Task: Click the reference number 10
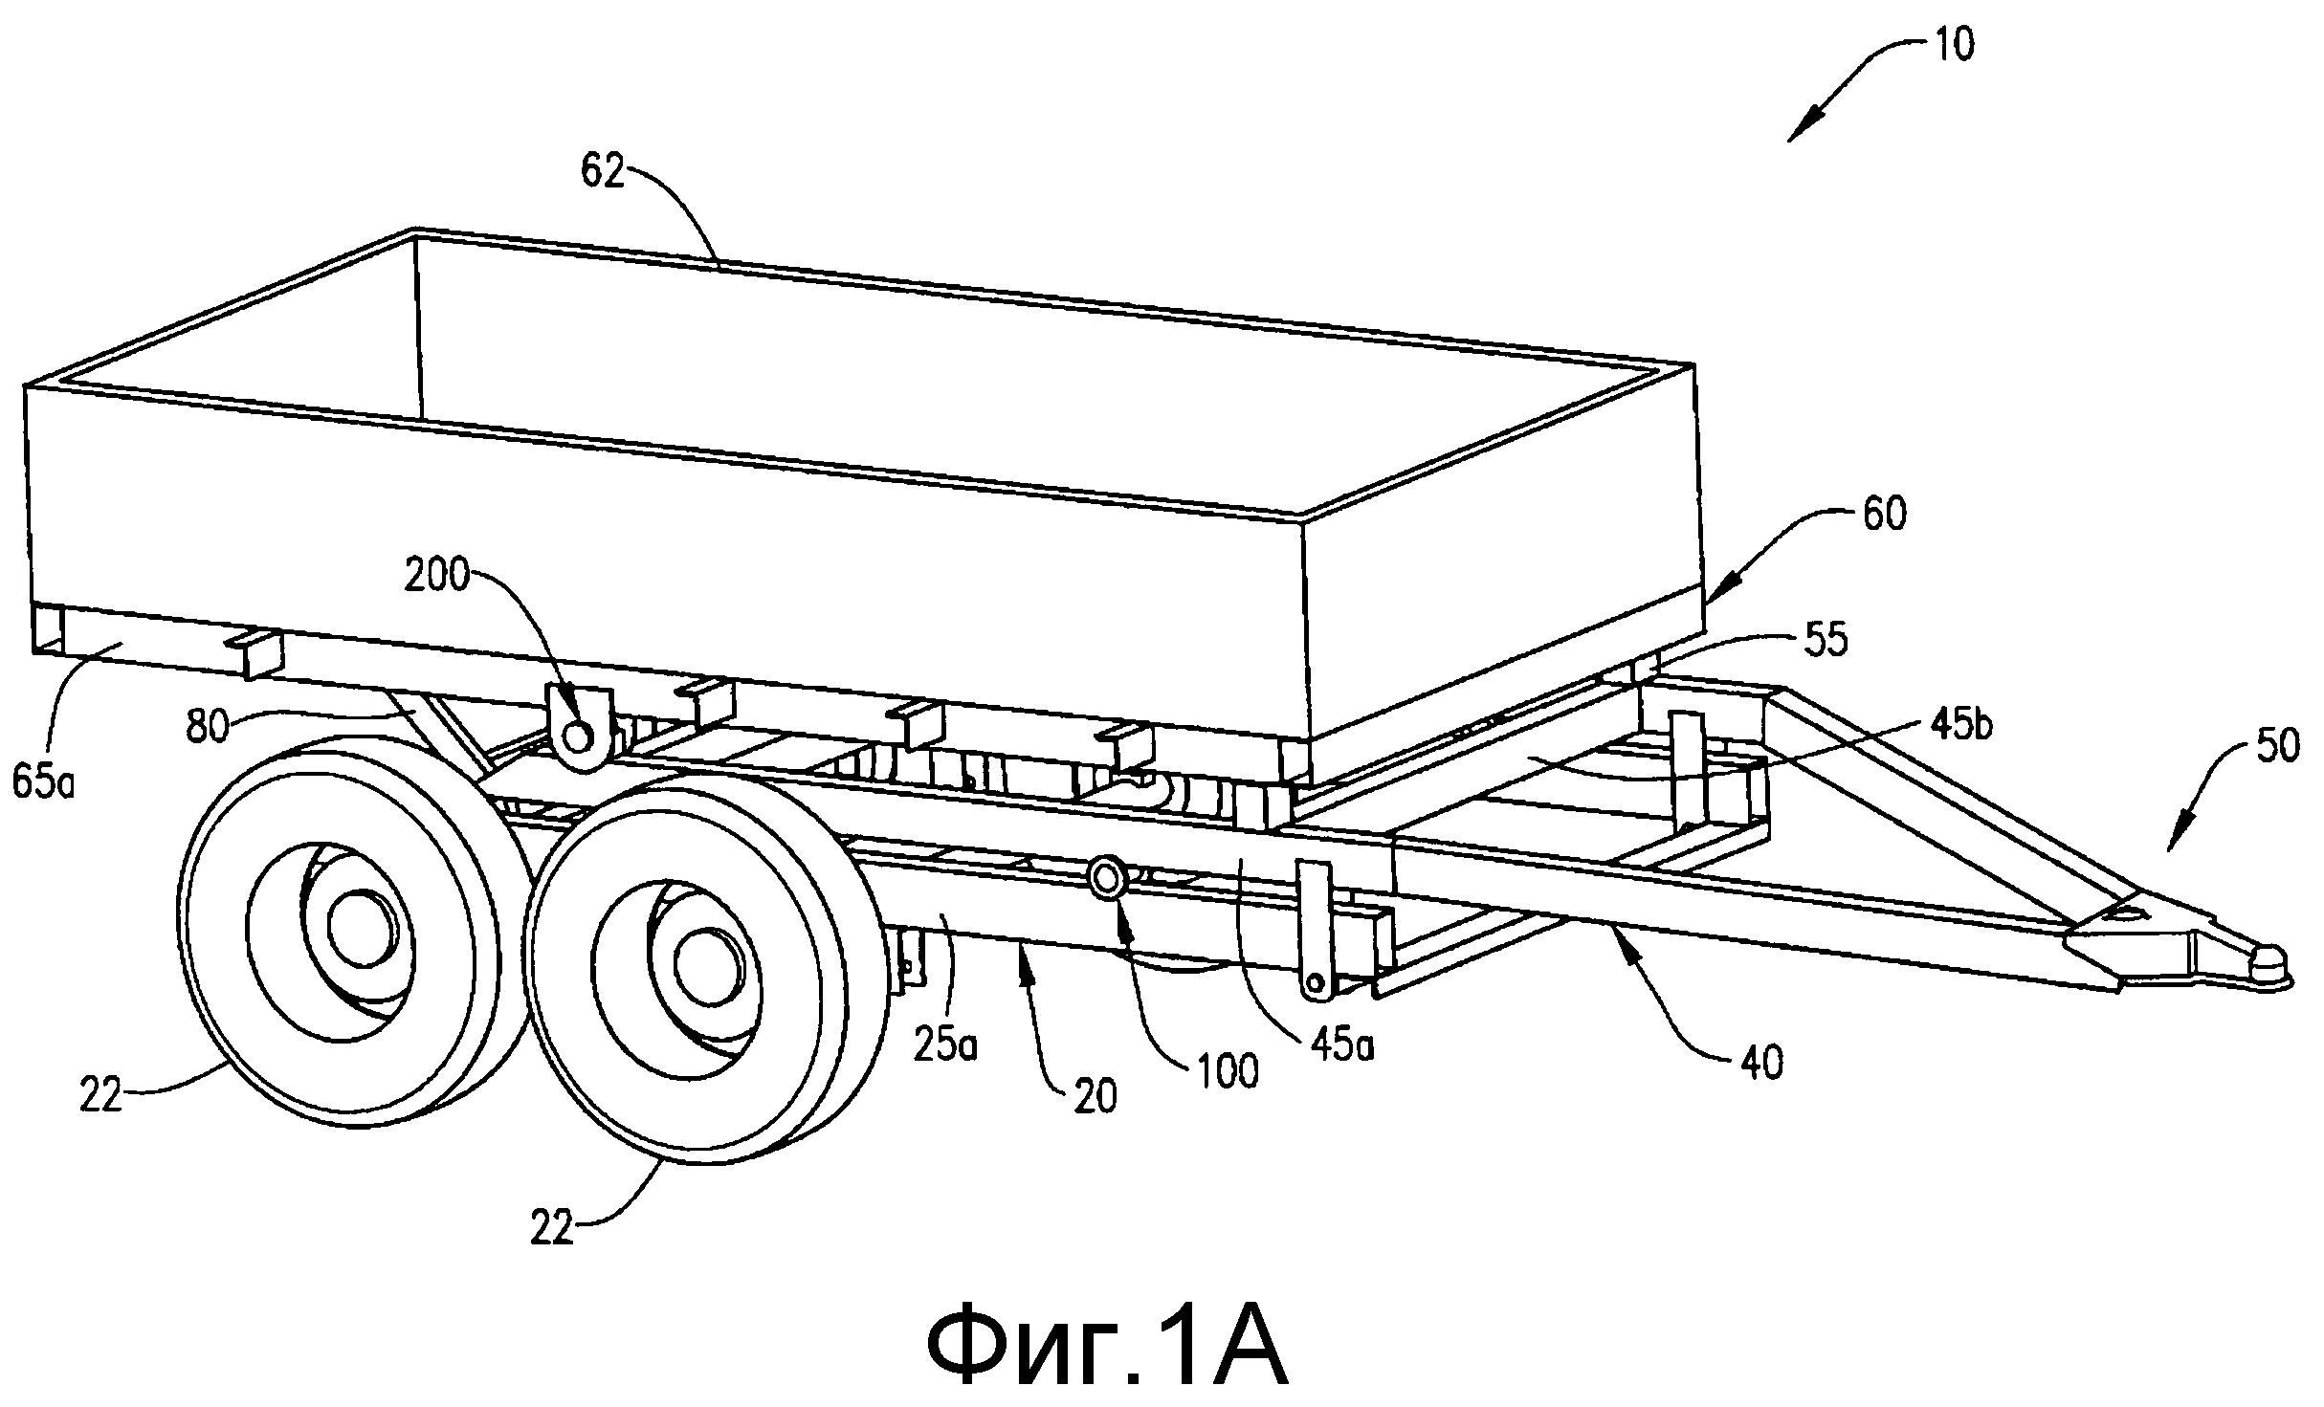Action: (x=1953, y=45)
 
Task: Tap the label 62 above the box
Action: (x=603, y=172)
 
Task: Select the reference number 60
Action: (x=1884, y=514)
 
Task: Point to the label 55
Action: (x=1825, y=639)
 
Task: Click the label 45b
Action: (x=1962, y=726)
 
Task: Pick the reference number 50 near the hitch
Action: (x=2278, y=745)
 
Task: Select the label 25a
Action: (x=945, y=1046)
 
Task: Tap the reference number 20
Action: (x=1095, y=1098)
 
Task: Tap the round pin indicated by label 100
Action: (x=1107, y=876)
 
